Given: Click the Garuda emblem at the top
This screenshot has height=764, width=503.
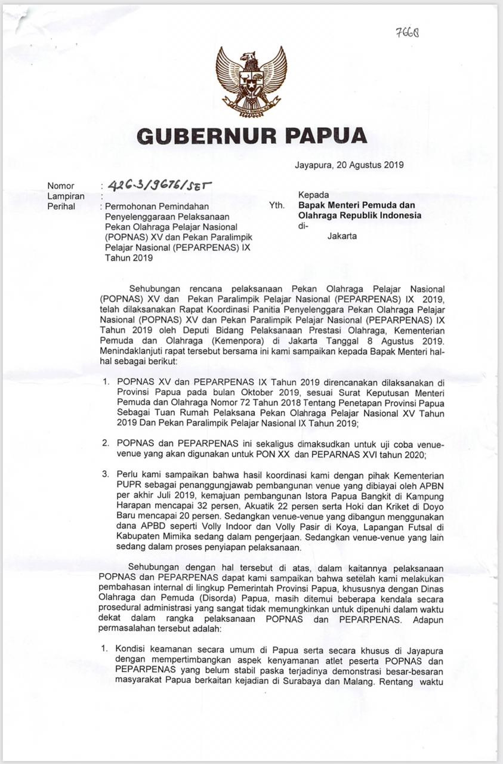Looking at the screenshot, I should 251,81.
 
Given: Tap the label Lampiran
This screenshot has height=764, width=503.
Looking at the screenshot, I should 66,196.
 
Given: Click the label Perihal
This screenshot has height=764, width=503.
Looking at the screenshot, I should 61,207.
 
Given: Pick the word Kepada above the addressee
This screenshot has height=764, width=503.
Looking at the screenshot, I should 313,195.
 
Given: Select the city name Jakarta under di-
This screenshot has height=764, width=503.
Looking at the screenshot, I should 342,236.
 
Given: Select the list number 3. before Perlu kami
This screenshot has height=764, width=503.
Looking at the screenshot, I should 105,475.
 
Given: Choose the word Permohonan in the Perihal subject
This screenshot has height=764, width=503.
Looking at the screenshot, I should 131,207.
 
